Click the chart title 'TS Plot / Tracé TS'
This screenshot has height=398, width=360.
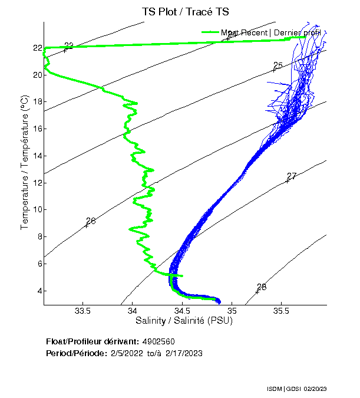(x=185, y=12)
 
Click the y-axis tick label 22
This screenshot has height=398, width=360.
(x=37, y=48)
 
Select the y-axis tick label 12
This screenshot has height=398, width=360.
(x=37, y=183)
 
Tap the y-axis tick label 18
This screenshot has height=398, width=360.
(x=37, y=102)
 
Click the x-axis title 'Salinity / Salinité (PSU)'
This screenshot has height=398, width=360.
(x=184, y=321)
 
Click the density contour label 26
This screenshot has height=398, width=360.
(x=90, y=221)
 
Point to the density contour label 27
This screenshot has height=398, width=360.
(x=291, y=176)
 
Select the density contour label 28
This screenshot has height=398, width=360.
(x=262, y=287)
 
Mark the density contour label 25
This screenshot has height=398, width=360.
(x=278, y=65)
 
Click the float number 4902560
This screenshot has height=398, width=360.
(x=158, y=341)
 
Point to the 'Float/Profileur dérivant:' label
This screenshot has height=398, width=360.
(x=93, y=341)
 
